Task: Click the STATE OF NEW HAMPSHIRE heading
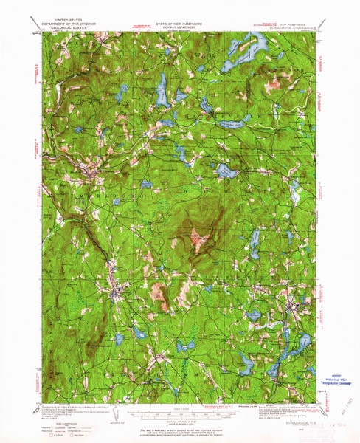(x=179, y=24)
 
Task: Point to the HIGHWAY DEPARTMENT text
(x=179, y=28)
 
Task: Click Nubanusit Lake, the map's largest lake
(x=255, y=50)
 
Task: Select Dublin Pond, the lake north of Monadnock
(x=224, y=171)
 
